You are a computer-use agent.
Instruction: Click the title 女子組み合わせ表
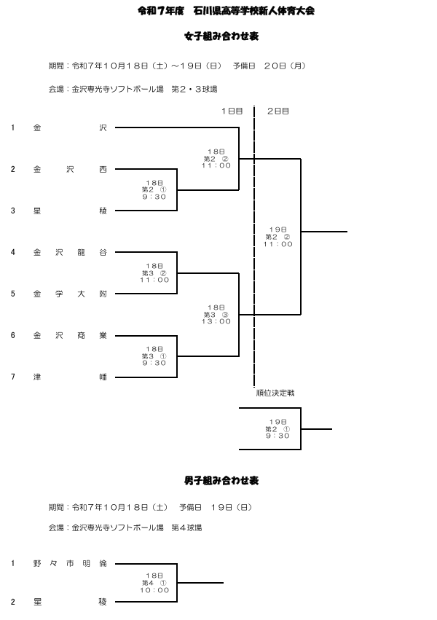(219, 35)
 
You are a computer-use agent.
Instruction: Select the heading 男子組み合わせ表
(219, 481)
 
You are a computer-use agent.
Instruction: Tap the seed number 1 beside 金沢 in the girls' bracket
(12, 127)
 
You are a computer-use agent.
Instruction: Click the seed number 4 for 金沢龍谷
(12, 252)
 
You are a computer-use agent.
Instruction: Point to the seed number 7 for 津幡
(12, 377)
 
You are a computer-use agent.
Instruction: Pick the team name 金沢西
(70, 169)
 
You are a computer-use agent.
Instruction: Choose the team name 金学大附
(70, 294)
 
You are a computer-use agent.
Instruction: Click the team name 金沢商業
(70, 335)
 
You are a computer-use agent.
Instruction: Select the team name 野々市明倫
(70, 563)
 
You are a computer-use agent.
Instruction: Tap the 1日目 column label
(232, 111)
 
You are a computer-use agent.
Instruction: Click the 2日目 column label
(278, 111)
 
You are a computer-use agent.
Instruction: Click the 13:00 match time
(216, 321)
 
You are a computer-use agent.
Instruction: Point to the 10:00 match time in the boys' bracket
(154, 590)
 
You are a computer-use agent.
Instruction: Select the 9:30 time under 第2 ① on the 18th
(154, 197)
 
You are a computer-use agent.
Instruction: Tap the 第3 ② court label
(154, 273)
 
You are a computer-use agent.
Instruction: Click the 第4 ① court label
(154, 583)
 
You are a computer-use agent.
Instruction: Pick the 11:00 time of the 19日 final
(278, 244)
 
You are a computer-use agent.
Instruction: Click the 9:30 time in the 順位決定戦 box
(278, 436)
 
